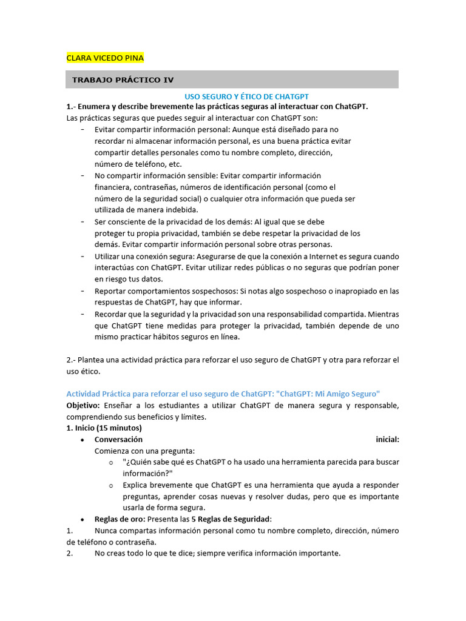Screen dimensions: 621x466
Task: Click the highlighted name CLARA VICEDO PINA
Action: click(x=104, y=58)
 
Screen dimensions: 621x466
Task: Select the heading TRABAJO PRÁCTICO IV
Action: click(x=123, y=79)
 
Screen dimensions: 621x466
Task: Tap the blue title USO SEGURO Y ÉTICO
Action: click(x=247, y=96)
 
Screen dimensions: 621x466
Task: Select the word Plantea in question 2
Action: click(x=92, y=360)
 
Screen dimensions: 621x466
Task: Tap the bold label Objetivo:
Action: click(x=83, y=405)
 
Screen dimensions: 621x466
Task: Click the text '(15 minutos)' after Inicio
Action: click(x=119, y=428)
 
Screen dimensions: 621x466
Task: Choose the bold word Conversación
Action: click(x=118, y=439)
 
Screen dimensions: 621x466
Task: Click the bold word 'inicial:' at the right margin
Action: click(x=387, y=439)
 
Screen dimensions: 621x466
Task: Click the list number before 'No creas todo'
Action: click(x=70, y=553)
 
